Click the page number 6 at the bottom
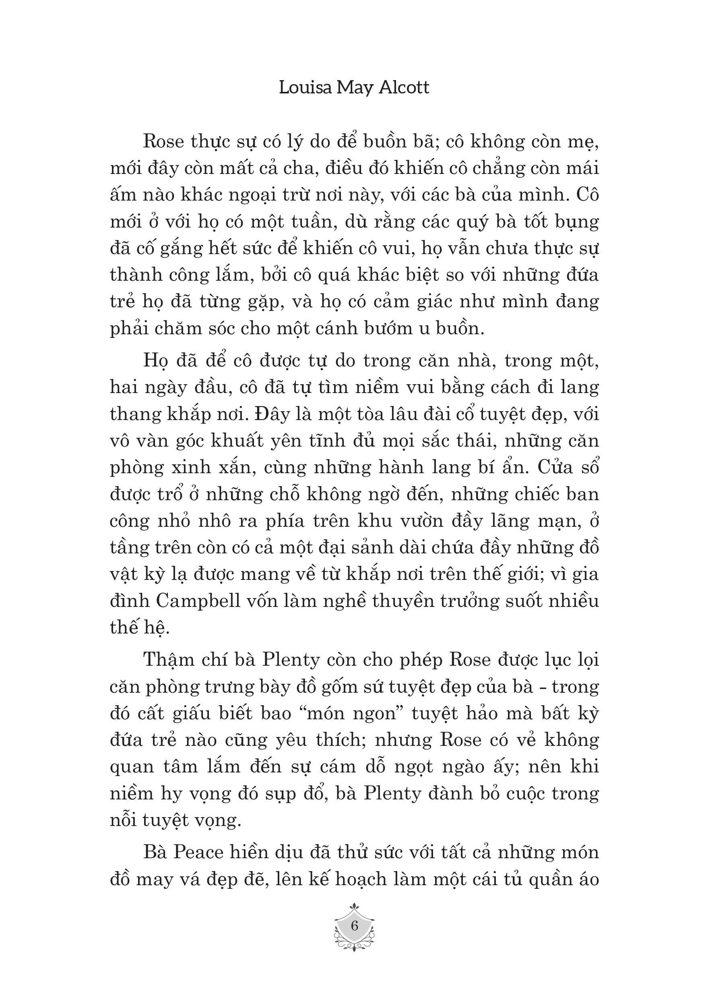point(354,926)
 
